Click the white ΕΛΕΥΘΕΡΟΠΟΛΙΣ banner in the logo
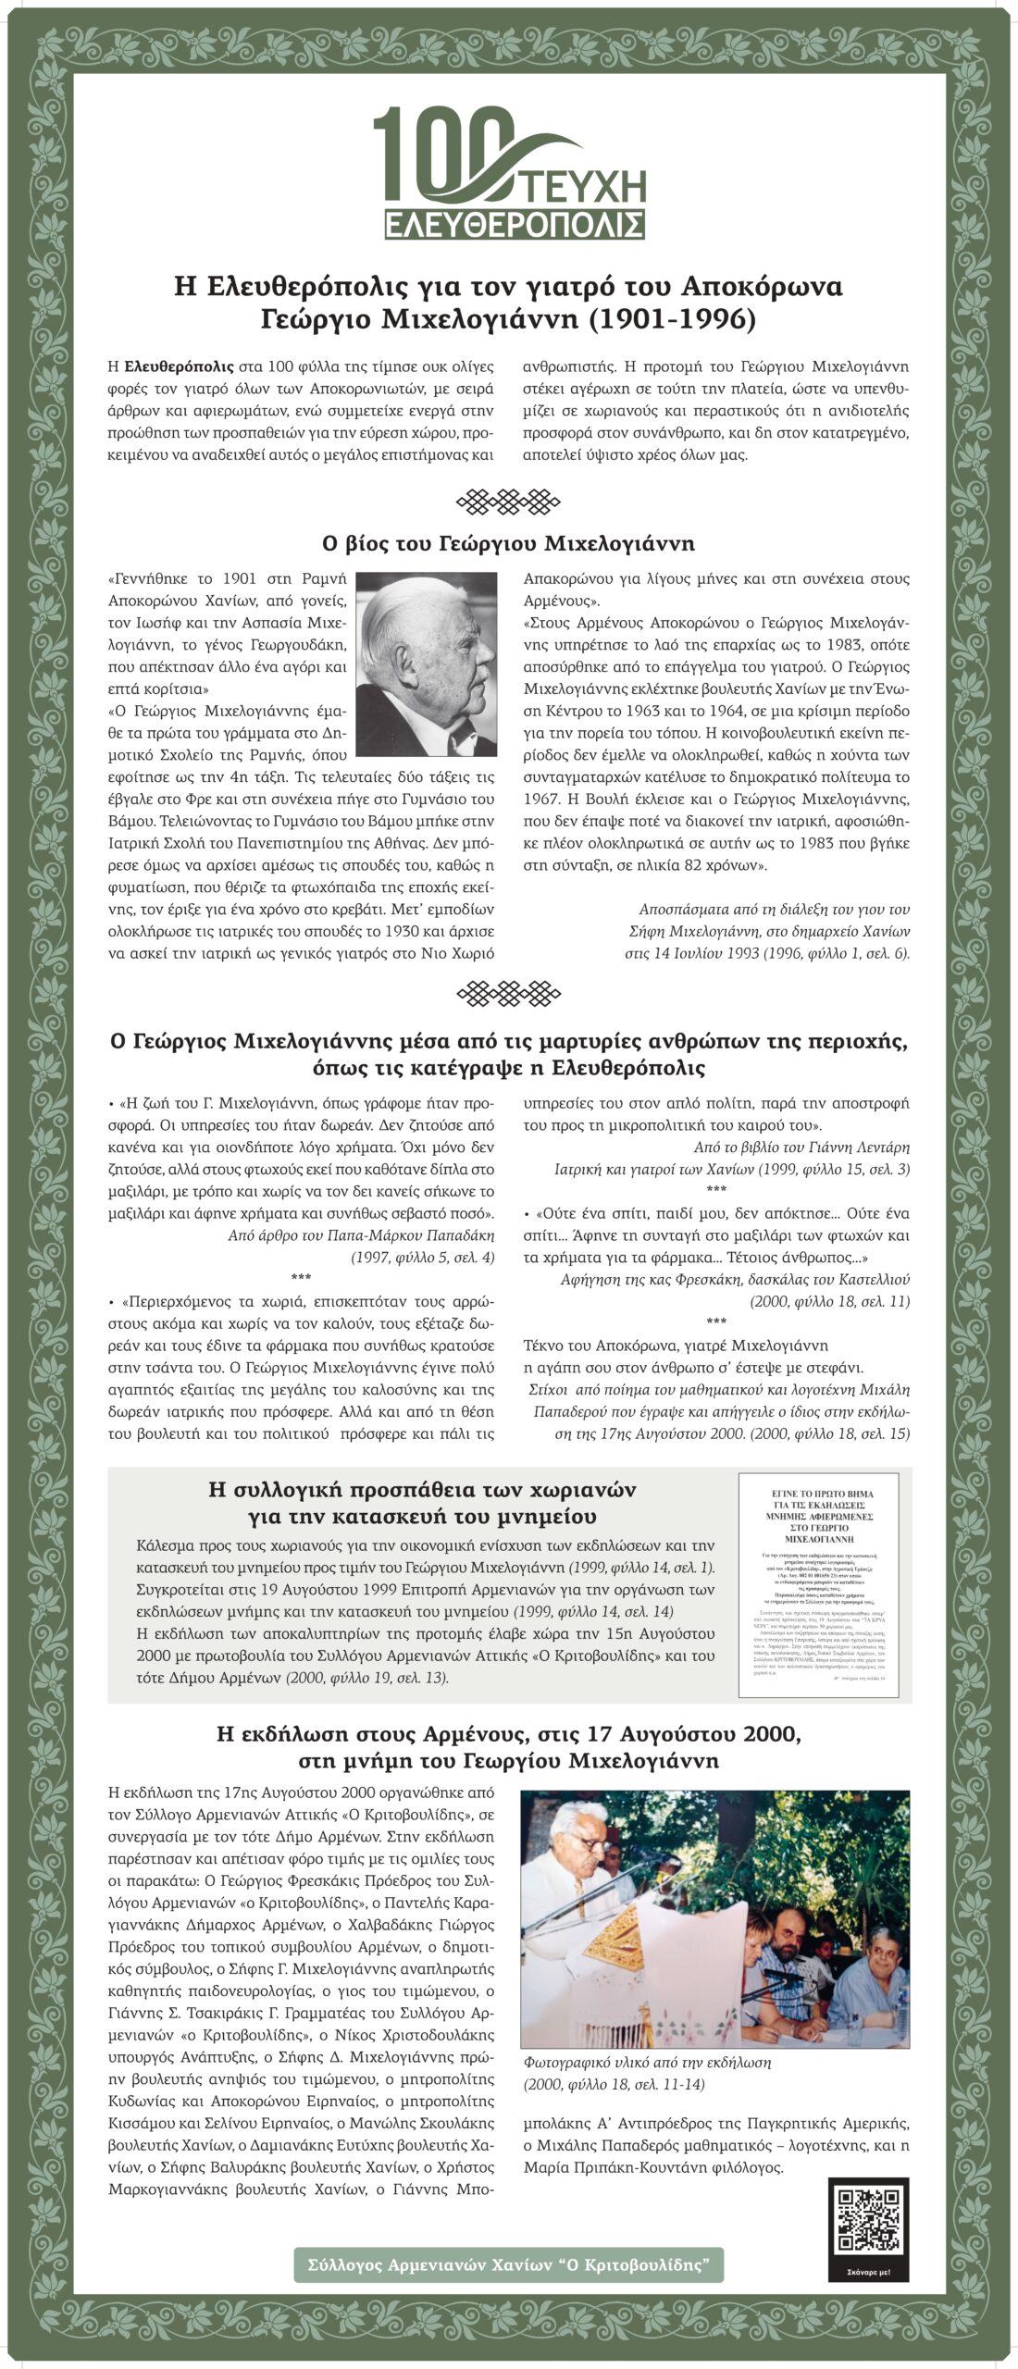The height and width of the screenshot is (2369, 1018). tap(515, 224)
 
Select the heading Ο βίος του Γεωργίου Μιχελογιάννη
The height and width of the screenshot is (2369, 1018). tap(508, 542)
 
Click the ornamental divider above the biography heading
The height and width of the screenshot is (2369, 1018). tap(509, 502)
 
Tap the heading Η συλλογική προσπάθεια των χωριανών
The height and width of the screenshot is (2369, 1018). tap(423, 1491)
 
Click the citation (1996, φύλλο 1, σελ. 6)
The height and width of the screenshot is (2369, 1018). tap(825, 953)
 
